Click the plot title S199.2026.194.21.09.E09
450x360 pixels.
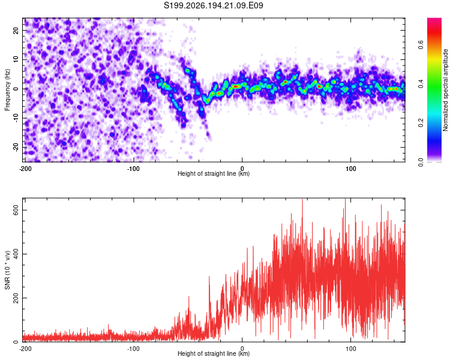click(x=213, y=5)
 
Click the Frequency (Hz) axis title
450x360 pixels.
click(x=7, y=90)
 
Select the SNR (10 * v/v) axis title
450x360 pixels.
click(x=7, y=270)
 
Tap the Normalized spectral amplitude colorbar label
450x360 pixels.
click(x=445, y=90)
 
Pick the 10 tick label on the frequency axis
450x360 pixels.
click(x=16, y=59)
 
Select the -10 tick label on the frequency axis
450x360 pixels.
click(x=16, y=118)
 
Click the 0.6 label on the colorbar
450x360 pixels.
click(x=421, y=45)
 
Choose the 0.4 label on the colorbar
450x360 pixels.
click(x=421, y=84)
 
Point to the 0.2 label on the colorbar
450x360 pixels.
click(x=421, y=123)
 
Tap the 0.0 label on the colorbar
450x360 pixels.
click(x=421, y=162)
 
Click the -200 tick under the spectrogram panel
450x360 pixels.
click(x=25, y=169)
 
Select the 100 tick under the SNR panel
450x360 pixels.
click(x=351, y=349)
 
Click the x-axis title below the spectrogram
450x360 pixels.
click(x=214, y=173)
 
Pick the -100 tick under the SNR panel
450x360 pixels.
click(x=133, y=349)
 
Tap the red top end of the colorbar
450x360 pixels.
click(x=434, y=20)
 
